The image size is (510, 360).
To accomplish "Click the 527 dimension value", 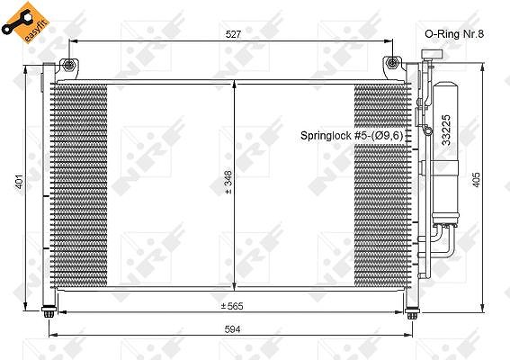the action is pos(233,34).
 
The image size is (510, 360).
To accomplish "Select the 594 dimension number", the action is pos(233,329).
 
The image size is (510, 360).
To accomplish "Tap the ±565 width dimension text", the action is pos(232,306).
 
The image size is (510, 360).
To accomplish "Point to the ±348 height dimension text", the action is pos(228,182).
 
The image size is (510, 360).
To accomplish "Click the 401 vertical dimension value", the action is pos(20,181).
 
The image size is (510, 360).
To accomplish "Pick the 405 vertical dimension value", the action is pos(476,180).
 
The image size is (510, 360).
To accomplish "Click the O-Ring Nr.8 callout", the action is pos(454,34).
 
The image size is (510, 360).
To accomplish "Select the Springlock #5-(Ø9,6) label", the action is pos(352,135).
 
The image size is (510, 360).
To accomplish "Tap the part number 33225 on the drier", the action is pos(446,130).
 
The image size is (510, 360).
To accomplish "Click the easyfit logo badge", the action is pos(25,22).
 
